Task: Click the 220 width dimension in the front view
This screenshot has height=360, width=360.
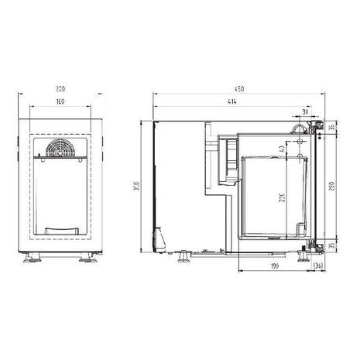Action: [x=60, y=90]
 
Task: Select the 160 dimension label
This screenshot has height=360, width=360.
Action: [x=60, y=102]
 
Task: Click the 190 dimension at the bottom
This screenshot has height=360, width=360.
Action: [x=274, y=266]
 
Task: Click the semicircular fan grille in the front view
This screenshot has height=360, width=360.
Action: [x=60, y=149]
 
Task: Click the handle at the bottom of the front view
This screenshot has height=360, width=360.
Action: [x=60, y=230]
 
